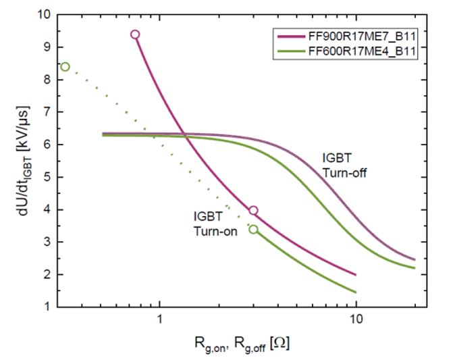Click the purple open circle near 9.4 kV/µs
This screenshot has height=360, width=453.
[135, 34]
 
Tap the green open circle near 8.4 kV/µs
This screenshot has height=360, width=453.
[65, 66]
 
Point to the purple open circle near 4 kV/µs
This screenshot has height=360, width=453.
[253, 211]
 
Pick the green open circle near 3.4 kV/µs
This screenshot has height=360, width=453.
[253, 230]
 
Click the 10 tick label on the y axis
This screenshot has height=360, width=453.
[43, 14]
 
